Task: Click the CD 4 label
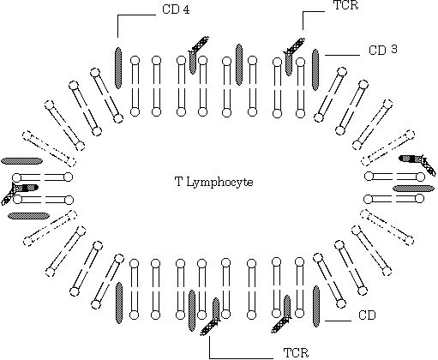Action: click(176, 9)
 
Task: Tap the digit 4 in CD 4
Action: click(186, 9)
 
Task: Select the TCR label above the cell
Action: click(346, 5)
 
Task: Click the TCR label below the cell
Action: click(296, 353)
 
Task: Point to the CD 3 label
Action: click(383, 50)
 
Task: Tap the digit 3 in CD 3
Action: click(394, 49)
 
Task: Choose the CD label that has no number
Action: click(367, 315)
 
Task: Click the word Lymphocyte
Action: click(219, 183)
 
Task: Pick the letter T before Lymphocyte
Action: click(178, 182)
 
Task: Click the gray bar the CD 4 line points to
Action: click(118, 68)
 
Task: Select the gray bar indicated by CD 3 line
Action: click(315, 69)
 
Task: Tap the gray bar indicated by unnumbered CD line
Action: click(316, 306)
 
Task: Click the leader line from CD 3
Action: click(342, 55)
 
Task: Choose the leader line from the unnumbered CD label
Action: click(338, 321)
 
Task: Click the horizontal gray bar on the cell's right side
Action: click(413, 189)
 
